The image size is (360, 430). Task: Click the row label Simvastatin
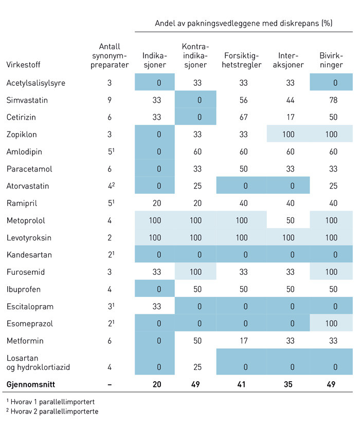coord(27,100)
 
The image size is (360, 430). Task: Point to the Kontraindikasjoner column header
coord(195,55)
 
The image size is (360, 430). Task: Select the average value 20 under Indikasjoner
coord(157,384)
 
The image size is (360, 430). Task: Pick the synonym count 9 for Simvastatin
coord(110,100)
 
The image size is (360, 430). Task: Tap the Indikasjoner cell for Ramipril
coord(157,203)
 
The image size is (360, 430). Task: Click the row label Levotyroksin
coord(29,238)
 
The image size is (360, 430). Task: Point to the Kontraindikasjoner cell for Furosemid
coord(195,272)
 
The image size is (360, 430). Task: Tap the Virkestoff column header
coord(23,65)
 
